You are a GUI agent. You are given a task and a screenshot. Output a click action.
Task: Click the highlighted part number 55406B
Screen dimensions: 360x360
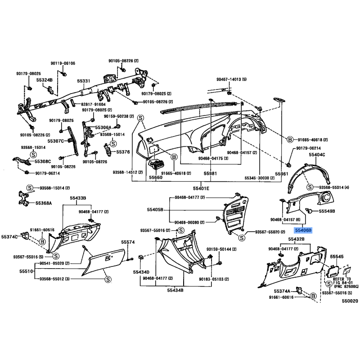click(303, 229)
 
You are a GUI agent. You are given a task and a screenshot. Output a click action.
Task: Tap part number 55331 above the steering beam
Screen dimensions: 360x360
click(84, 81)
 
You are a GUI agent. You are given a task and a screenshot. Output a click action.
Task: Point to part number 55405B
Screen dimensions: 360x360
click(155, 210)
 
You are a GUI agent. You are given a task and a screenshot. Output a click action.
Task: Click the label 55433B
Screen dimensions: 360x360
click(78, 198)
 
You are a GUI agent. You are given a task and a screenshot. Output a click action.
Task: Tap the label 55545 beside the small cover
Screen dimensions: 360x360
click(337, 257)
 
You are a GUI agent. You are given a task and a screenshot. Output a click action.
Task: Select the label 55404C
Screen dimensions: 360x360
click(317, 154)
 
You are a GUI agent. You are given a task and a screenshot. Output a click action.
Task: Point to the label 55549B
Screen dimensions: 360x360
click(327, 211)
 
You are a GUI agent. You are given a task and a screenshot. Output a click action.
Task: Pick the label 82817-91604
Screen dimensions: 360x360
click(93, 104)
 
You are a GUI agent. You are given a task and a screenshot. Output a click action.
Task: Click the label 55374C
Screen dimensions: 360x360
click(9, 236)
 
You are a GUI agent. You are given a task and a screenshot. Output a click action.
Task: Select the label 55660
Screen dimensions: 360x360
click(156, 177)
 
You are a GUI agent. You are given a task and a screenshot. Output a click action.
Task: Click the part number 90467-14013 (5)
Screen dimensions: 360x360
click(232, 79)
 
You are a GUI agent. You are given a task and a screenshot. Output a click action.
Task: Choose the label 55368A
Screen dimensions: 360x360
click(44, 203)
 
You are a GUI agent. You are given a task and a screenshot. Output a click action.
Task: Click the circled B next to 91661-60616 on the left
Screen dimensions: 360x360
click(42, 242)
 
